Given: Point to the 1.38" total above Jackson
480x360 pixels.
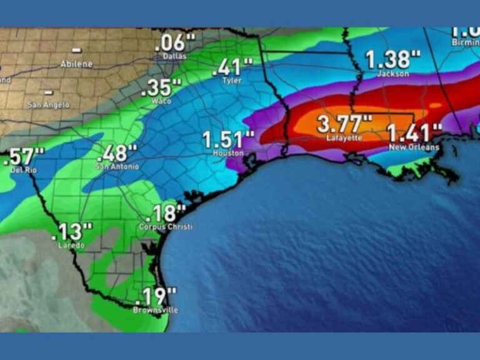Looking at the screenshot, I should [392, 60].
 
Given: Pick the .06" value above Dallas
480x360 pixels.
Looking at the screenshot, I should [174, 43].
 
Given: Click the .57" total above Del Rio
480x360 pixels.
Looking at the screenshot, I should [24, 157].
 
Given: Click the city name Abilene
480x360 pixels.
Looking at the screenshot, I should [76, 64].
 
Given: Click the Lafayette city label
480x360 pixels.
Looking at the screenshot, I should [344, 137].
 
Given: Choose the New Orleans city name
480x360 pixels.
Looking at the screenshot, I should [414, 147].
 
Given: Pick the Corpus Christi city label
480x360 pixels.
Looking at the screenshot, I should [165, 227].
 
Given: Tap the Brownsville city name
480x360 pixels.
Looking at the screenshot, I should [156, 310].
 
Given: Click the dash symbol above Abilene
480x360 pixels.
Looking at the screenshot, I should [76, 50].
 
